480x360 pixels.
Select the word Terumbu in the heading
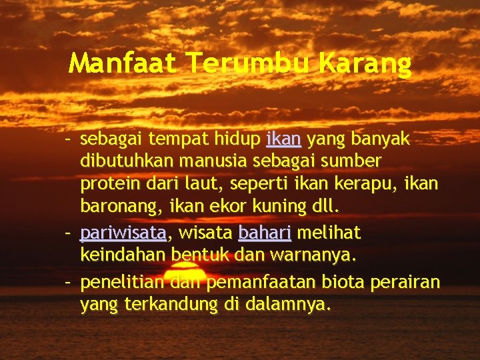[248, 64]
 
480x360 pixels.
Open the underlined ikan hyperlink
[284, 139]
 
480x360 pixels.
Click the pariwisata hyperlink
[123, 233]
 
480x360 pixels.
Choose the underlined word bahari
[265, 233]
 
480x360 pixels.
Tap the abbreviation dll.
[326, 207]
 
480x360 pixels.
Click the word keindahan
[123, 255]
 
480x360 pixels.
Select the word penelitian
[122, 283]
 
